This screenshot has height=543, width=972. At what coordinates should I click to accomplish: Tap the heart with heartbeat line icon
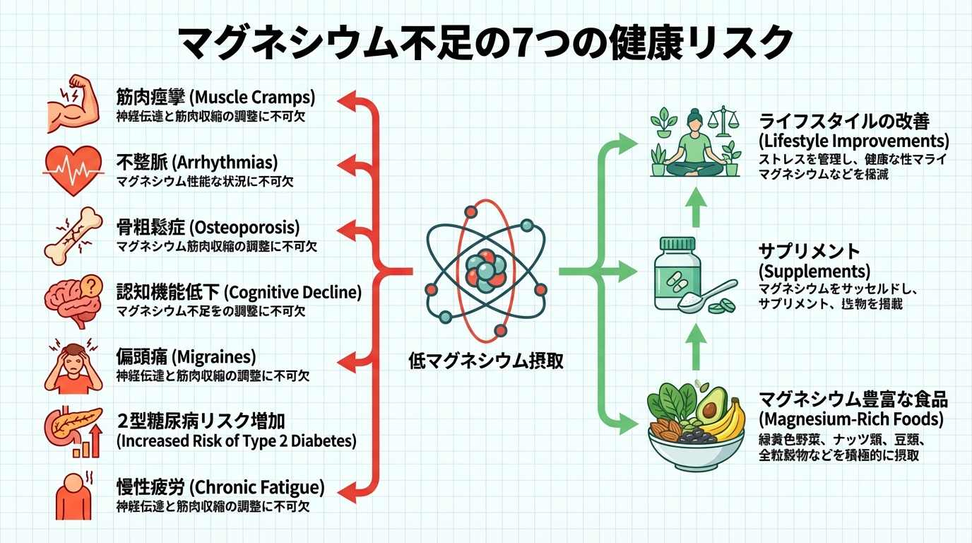click(73, 170)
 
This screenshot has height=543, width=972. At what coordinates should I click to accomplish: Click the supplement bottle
click(677, 274)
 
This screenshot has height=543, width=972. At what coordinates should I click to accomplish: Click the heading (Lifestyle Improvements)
click(853, 140)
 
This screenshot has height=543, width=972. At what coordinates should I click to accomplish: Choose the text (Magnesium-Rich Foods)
click(850, 419)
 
